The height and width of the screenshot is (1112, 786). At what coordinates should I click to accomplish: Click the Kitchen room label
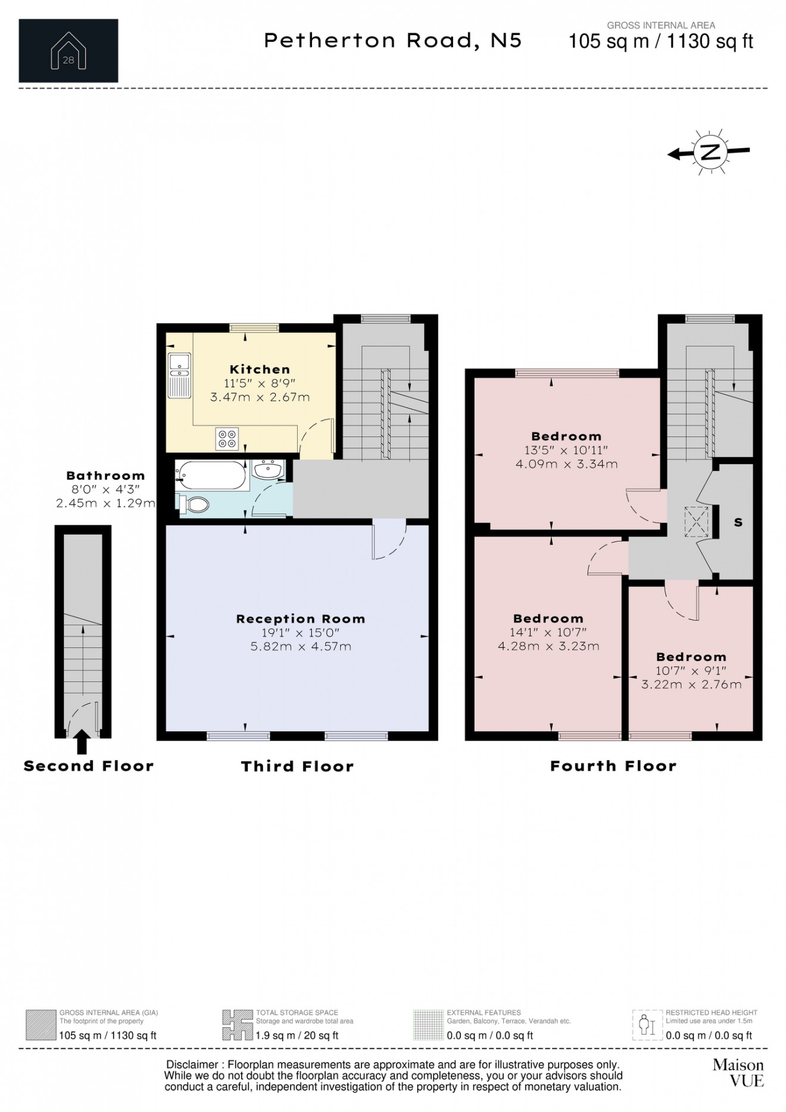[x=260, y=369]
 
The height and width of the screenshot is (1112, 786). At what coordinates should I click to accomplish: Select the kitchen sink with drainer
[x=179, y=375]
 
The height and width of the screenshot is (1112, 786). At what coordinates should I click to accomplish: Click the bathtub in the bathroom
[x=212, y=475]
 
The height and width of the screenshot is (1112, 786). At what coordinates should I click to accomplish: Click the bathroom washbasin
[x=269, y=469]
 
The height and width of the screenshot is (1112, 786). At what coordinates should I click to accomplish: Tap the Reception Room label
[x=301, y=619]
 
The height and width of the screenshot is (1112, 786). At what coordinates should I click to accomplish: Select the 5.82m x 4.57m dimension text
[x=301, y=646]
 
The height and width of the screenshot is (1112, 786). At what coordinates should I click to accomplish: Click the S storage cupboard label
[x=738, y=522]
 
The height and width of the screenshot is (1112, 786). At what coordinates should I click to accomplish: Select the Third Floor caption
[x=297, y=767]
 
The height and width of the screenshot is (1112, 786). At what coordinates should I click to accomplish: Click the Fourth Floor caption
[x=613, y=766]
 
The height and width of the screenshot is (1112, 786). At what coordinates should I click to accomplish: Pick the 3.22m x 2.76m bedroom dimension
[x=691, y=685]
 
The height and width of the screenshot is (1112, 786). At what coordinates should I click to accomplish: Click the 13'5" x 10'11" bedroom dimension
[x=566, y=450]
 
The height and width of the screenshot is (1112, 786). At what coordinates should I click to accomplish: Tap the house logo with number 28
[x=68, y=51]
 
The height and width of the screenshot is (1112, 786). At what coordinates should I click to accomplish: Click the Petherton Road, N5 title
[x=393, y=41]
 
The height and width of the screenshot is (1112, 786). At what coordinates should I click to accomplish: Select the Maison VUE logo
[x=738, y=1072]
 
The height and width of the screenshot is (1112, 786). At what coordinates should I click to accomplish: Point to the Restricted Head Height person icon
[x=647, y=1025]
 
